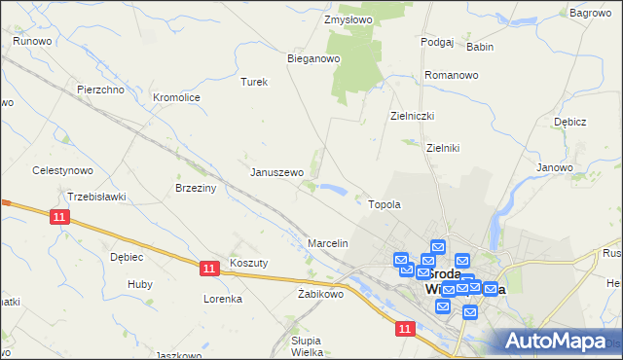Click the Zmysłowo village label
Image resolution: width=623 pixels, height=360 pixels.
point(348,18)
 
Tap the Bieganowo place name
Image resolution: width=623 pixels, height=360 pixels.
point(312,58)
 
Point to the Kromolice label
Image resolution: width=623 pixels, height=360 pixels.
point(176,97)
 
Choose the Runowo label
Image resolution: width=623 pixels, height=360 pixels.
point(32,40)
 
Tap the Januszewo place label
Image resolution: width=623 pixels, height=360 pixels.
point(277,172)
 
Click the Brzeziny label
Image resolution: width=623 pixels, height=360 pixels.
point(194,188)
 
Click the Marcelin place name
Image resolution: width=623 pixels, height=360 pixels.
point(327,242)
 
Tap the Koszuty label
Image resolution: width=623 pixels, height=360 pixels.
point(248,263)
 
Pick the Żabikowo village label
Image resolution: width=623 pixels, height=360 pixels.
point(321,293)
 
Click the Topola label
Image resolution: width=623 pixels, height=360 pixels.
point(385,204)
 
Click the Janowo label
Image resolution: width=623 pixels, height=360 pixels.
point(554,167)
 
